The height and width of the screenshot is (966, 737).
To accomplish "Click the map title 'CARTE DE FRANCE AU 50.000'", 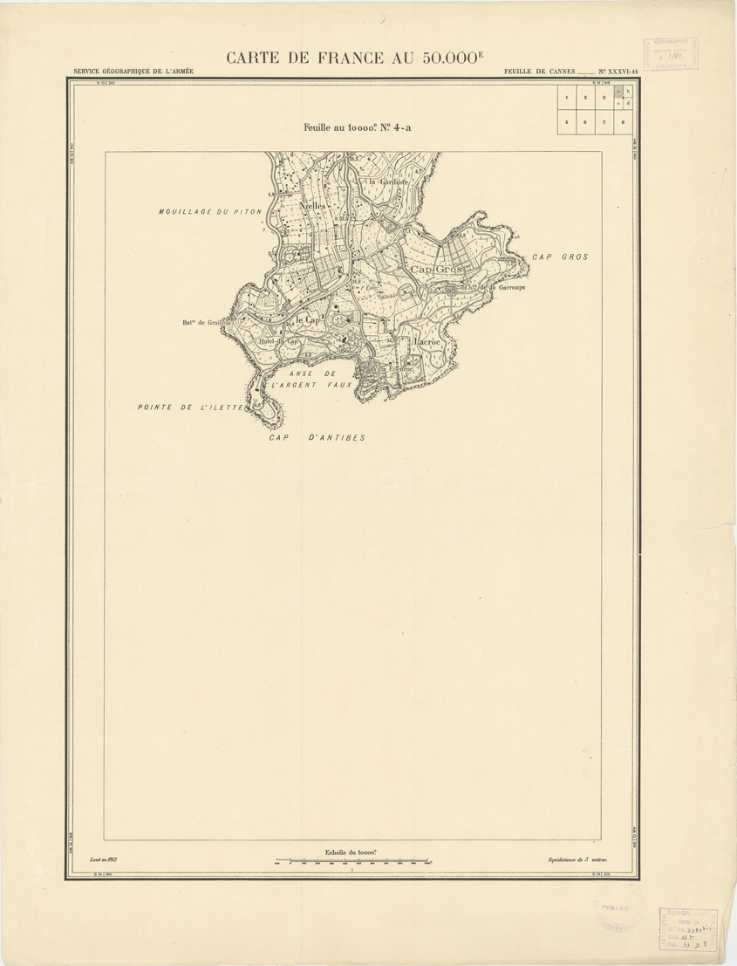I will click(x=354, y=58).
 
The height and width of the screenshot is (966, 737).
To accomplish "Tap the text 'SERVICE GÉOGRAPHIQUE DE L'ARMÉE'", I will click(x=134, y=72).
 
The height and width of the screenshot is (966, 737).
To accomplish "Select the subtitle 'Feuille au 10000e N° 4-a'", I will click(x=357, y=127).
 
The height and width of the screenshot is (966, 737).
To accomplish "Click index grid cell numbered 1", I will click(x=567, y=98).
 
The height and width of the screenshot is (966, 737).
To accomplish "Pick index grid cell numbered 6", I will click(x=585, y=123).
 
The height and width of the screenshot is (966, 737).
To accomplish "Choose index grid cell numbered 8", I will click(x=623, y=123).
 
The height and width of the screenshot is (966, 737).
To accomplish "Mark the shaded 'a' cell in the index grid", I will click(x=618, y=91).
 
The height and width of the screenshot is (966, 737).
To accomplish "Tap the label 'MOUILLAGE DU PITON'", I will click(x=209, y=212).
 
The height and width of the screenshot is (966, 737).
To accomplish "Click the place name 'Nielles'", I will click(x=311, y=206).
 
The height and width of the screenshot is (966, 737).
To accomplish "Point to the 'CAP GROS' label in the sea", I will click(x=560, y=257).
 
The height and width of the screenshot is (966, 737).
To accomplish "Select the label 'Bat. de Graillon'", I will click(x=206, y=323).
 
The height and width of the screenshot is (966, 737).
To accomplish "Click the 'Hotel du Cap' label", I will click(x=279, y=340).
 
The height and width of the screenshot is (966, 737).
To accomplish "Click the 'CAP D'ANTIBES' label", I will click(x=317, y=437).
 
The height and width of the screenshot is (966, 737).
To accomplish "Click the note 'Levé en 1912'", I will click(x=104, y=859).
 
